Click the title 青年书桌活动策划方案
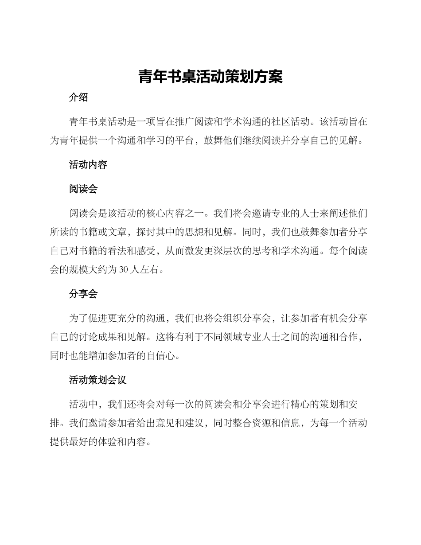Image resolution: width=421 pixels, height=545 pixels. click(x=210, y=76)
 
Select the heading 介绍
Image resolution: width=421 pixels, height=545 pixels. click(x=78, y=98)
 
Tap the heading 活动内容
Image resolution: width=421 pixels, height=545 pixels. click(x=88, y=165)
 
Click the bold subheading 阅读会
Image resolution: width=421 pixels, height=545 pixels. click(x=83, y=189)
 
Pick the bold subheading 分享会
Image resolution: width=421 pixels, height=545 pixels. click(x=83, y=294)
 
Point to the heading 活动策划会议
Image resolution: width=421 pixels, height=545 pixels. click(x=98, y=380)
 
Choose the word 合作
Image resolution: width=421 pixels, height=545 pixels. click(x=348, y=337)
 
